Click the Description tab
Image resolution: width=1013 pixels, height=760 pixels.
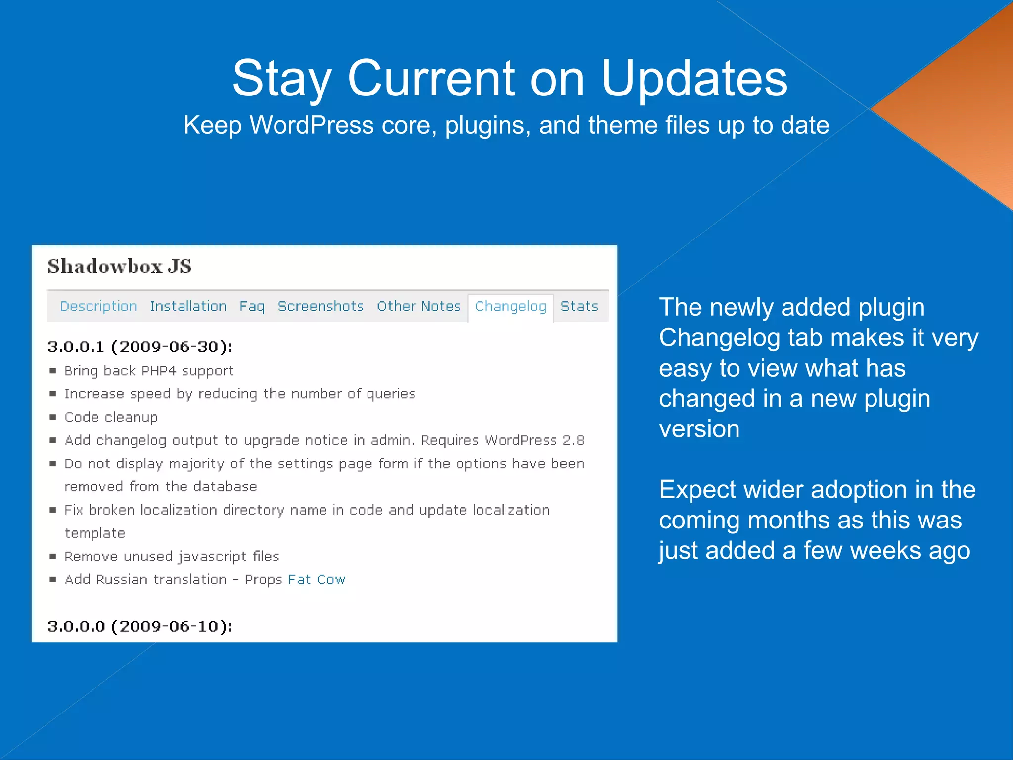[98, 307]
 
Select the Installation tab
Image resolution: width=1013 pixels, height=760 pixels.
[188, 307]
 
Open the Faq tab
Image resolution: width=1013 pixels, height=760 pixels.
[252, 307]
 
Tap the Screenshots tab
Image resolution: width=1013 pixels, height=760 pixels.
[321, 307]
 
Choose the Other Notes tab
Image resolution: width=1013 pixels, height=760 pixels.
[418, 307]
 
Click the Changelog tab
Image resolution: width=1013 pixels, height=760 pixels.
[510, 307]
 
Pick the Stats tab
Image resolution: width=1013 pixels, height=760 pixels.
[579, 307]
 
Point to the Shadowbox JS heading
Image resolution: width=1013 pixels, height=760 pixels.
[120, 267]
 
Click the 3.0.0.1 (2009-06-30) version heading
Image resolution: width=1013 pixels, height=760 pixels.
[140, 347]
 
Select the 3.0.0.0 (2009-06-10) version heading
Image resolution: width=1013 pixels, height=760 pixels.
[140, 627]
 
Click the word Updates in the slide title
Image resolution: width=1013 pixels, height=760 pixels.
[694, 79]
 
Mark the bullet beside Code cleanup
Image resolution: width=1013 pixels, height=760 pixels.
[53, 417]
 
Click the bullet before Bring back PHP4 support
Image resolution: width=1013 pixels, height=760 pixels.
[53, 371]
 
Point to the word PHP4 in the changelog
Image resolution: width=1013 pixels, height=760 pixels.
[159, 371]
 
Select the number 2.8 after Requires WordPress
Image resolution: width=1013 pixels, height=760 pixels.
[573, 440]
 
